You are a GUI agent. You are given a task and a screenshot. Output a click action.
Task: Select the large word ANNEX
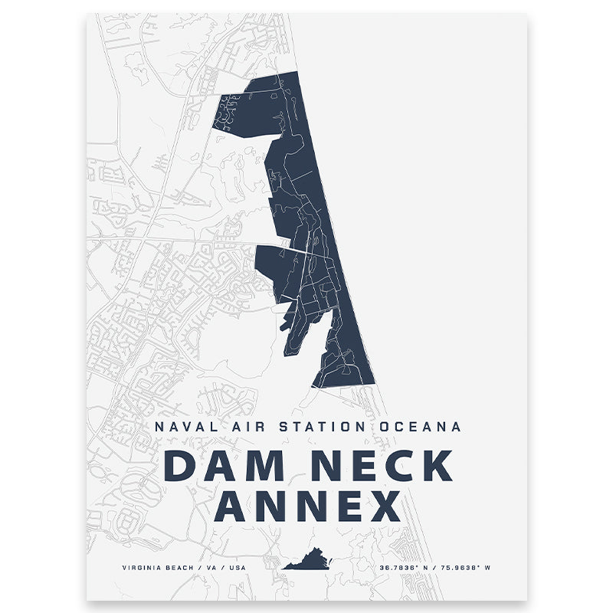coord(307,506)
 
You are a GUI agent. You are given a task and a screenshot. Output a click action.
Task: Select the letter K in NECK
coord(436,467)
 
